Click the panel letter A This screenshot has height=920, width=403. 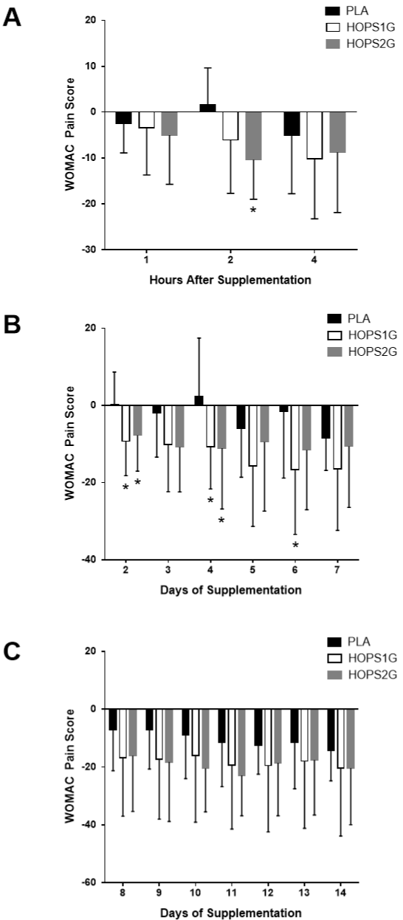tap(12, 18)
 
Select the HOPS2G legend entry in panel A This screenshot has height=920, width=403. tap(360, 44)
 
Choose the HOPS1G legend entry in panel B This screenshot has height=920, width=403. tap(362, 335)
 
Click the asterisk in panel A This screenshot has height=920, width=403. tap(253, 210)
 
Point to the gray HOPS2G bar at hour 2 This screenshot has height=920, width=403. tap(253, 136)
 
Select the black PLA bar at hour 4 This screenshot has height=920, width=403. tap(292, 123)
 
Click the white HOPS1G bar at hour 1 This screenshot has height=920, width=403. tap(146, 120)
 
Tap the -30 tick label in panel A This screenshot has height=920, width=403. tap(90, 250)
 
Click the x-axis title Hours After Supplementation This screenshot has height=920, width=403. tap(230, 280)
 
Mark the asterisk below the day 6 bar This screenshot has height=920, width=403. tap(295, 546)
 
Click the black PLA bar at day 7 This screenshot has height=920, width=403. tap(325, 422)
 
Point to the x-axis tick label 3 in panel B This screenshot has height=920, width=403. tap(168, 570)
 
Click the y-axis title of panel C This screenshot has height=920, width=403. tap(70, 766)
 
